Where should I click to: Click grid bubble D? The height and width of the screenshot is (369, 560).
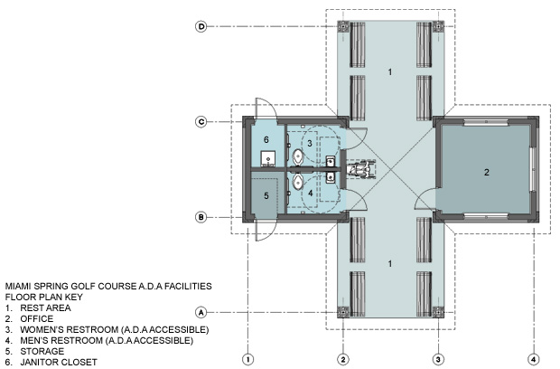(x=201, y=26)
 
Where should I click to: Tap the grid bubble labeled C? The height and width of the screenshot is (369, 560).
(x=201, y=121)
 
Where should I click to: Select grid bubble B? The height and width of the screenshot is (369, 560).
(x=201, y=217)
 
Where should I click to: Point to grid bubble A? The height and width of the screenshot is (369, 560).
(x=201, y=313)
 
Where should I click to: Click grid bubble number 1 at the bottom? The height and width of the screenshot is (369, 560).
(x=247, y=359)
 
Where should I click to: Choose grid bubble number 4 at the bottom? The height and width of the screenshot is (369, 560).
(x=534, y=359)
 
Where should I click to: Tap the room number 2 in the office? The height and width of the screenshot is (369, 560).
(x=487, y=173)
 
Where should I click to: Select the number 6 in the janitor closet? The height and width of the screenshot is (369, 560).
(x=266, y=139)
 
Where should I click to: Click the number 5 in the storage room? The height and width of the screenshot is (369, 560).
(x=266, y=196)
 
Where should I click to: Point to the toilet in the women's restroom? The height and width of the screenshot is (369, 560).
(x=298, y=156)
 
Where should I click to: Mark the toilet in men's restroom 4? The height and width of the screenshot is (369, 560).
(x=298, y=182)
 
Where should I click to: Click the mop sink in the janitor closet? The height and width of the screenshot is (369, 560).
(x=268, y=158)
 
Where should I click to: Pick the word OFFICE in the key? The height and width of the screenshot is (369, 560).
(x=37, y=318)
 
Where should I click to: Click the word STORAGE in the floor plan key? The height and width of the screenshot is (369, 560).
(x=42, y=351)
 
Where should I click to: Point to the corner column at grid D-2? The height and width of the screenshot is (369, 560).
(x=343, y=26)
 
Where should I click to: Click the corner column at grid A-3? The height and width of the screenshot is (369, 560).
(x=438, y=313)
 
